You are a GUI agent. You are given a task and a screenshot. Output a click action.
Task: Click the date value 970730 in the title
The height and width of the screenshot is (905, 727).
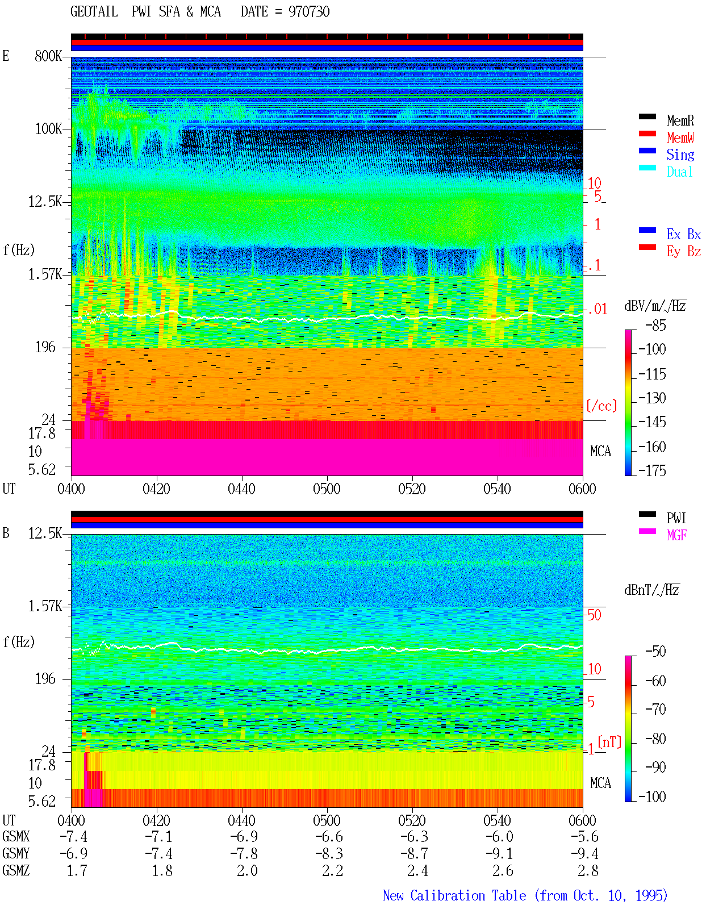pyautogui.click(x=308, y=12)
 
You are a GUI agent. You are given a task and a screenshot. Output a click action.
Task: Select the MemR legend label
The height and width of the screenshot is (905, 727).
pyautogui.click(x=680, y=120)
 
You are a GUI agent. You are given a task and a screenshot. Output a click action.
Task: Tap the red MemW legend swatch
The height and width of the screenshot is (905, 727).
pyautogui.click(x=647, y=134)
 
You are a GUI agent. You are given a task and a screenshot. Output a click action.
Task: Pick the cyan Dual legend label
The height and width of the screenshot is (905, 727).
pyautogui.click(x=679, y=172)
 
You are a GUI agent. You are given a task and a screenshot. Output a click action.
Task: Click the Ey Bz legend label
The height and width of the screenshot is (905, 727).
pyautogui.click(x=683, y=251)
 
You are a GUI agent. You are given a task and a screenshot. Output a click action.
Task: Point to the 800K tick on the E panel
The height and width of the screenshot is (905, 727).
pyautogui.click(x=48, y=56)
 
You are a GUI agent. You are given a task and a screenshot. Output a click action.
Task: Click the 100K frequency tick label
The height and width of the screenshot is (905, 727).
pyautogui.click(x=48, y=129)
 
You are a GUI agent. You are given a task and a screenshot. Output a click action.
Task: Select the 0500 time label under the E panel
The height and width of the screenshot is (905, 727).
pyautogui.click(x=327, y=489)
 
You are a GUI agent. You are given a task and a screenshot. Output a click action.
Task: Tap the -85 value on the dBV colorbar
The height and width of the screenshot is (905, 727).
pyautogui.click(x=655, y=325)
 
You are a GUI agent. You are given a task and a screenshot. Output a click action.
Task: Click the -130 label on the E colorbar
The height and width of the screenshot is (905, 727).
pyautogui.click(x=652, y=398)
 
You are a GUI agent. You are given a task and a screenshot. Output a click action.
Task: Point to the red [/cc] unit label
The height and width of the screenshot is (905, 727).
pyautogui.click(x=601, y=406)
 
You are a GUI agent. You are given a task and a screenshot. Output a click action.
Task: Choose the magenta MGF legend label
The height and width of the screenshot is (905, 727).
pyautogui.click(x=676, y=535)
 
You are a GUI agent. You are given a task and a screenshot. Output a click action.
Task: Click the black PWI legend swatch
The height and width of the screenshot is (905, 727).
pyautogui.click(x=647, y=514)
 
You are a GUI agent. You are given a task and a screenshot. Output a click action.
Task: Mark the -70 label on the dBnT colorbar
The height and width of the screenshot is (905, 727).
pyautogui.click(x=655, y=710)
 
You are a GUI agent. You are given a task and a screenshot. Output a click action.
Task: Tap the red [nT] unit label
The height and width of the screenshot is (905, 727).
pyautogui.click(x=609, y=742)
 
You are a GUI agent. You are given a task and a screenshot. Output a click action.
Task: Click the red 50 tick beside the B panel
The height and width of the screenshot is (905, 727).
pyautogui.click(x=594, y=615)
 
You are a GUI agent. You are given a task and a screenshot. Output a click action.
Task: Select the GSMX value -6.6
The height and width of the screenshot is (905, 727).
pyautogui.click(x=329, y=837)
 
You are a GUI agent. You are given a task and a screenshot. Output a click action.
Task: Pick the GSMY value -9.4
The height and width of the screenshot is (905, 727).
pyautogui.click(x=584, y=854)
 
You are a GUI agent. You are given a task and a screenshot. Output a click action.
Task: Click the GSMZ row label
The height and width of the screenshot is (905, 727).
pyautogui.click(x=16, y=870)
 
